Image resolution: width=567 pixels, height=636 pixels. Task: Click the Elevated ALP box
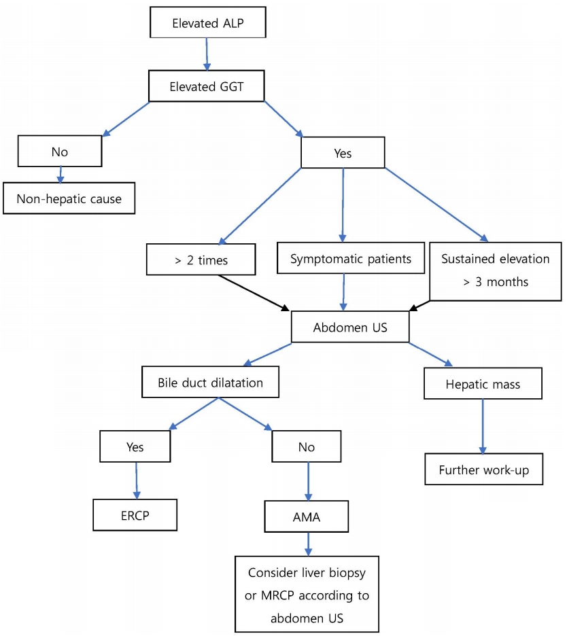208,22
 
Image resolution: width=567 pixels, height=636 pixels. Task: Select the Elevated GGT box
207,86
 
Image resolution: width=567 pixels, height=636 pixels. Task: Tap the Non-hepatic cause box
69,198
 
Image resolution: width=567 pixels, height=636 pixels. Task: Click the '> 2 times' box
201,260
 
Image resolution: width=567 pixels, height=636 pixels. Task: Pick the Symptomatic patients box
351,258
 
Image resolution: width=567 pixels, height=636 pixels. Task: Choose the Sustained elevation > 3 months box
496,271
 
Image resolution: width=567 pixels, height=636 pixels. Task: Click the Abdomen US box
350,327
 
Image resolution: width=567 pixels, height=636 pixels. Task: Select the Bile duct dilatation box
210,382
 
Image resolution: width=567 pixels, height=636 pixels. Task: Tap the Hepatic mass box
483,384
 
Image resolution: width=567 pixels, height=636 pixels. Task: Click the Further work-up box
484,470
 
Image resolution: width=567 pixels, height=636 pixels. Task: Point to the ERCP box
135,515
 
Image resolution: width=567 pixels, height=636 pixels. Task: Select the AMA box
307,516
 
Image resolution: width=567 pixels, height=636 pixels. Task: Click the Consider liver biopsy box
307,595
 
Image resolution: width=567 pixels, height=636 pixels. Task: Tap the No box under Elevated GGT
60,152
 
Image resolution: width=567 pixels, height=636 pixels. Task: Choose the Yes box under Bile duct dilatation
135,446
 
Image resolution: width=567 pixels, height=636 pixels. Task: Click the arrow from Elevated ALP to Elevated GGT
207,54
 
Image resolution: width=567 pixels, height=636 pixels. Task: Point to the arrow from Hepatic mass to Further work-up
483,427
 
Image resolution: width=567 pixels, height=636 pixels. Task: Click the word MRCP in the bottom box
277,595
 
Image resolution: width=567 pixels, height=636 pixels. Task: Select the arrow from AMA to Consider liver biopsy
308,544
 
